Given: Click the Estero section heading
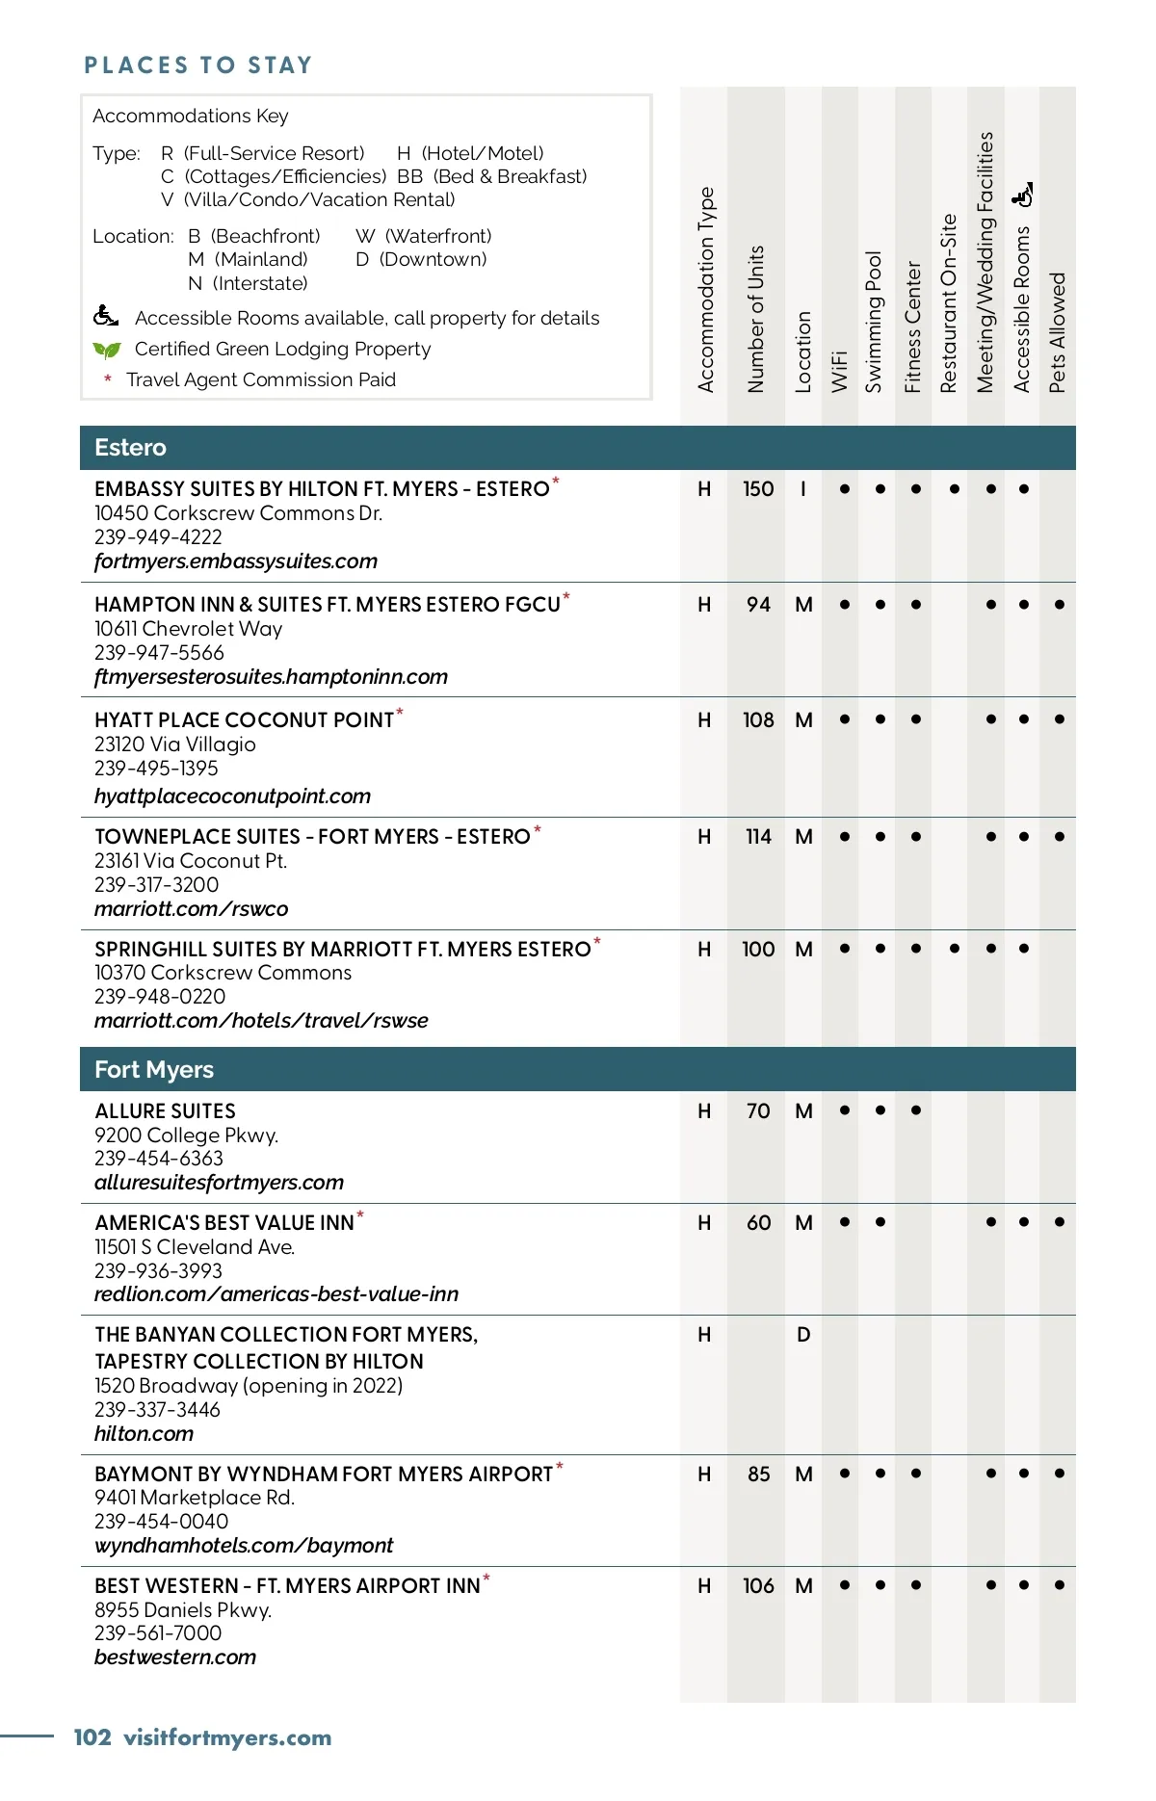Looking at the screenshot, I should pyautogui.click(x=130, y=448).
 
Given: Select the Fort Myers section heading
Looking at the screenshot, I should pyautogui.click(x=154, y=1070).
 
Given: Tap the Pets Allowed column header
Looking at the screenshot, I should pyautogui.click(x=1058, y=331).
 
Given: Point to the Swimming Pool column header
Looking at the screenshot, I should pyautogui.click(x=874, y=322).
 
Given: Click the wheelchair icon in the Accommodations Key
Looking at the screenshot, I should pyautogui.click(x=106, y=316).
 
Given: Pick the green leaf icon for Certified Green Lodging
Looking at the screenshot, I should pyautogui.click(x=106, y=350).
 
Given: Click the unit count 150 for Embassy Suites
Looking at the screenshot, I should pyautogui.click(x=758, y=489).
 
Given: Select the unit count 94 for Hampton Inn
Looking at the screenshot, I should pyautogui.click(x=758, y=605).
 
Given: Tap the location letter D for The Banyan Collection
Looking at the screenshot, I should pyautogui.click(x=803, y=1335).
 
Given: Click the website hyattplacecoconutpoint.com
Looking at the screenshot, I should pyautogui.click(x=232, y=796).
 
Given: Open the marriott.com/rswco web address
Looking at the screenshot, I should pyautogui.click(x=191, y=909).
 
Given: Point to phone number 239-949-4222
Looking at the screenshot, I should pyautogui.click(x=158, y=537).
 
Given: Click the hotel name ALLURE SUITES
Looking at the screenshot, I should pyautogui.click(x=165, y=1111).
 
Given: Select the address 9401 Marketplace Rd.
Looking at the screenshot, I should pyautogui.click(x=195, y=1498).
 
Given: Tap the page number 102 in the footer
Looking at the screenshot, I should pyautogui.click(x=92, y=1737).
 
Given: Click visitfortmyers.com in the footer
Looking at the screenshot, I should pyautogui.click(x=227, y=1737).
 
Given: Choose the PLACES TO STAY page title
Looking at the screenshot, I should pyautogui.click(x=198, y=65).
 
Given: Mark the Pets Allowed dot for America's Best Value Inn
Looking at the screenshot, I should pyautogui.click(x=1060, y=1222).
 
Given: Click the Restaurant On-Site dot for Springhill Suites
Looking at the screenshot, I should pyautogui.click(x=955, y=949).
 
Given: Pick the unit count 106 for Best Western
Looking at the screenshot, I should pyautogui.click(x=758, y=1586).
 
